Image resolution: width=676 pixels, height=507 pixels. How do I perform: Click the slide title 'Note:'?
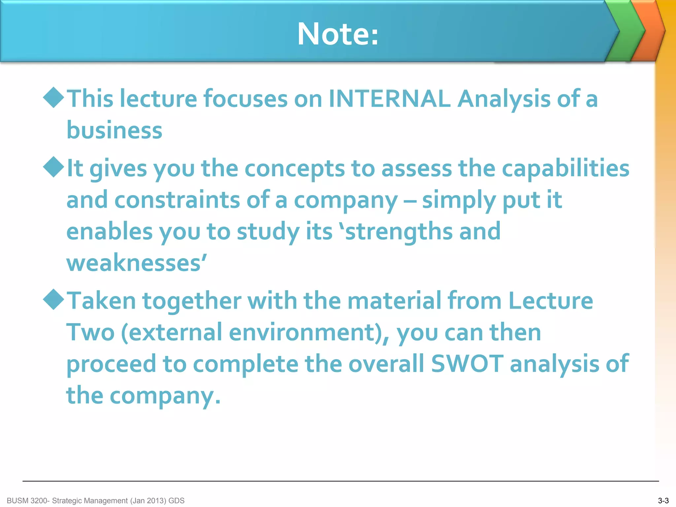pyautogui.click(x=338, y=34)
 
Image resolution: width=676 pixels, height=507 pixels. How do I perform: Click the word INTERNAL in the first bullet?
pyautogui.click(x=389, y=99)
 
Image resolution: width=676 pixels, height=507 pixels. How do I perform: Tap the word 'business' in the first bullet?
pyautogui.click(x=114, y=130)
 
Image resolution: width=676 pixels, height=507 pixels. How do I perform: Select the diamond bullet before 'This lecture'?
pyautogui.click(x=53, y=97)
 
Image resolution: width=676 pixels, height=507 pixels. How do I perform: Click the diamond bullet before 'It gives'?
pyautogui.click(x=53, y=167)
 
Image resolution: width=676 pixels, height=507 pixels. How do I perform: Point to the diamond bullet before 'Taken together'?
pyautogui.click(x=53, y=299)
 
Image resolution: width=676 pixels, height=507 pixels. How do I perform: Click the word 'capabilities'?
pyautogui.click(x=565, y=168)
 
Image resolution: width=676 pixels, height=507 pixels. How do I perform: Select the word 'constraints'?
pyautogui.click(x=177, y=200)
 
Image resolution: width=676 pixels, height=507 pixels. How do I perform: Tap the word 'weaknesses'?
pyautogui.click(x=134, y=263)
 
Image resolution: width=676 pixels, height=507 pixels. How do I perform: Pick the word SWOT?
pyautogui.click(x=467, y=363)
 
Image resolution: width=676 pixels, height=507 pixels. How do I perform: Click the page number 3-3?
pyautogui.click(x=663, y=500)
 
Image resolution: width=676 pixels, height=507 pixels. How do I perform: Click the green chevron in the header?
pyautogui.click(x=625, y=31)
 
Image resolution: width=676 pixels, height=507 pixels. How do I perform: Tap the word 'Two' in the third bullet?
pyautogui.click(x=90, y=332)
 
